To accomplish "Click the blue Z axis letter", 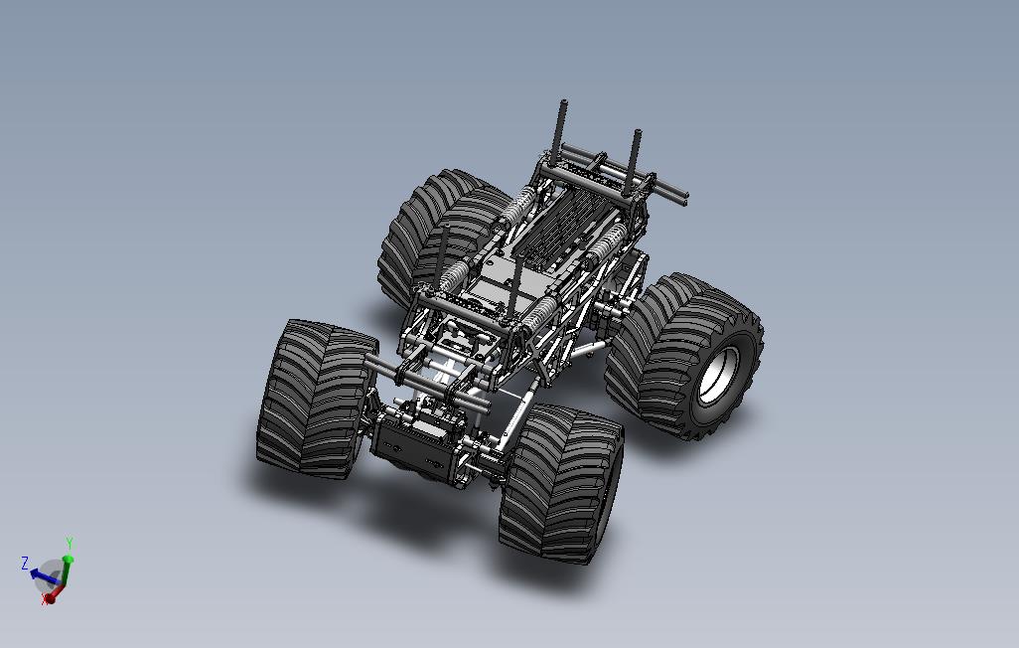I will (x=25, y=564).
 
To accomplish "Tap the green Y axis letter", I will (x=70, y=543).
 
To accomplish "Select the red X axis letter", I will (x=47, y=600).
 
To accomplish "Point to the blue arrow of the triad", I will (x=42, y=574).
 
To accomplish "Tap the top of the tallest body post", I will (x=564, y=106).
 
